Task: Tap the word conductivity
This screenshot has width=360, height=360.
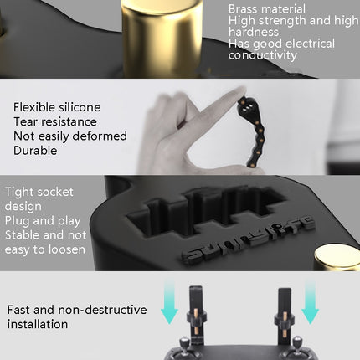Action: pos(262,56)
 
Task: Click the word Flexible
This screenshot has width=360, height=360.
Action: pos(36,106)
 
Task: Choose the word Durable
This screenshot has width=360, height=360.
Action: pos(36,151)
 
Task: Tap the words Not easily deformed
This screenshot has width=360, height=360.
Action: pos(70,136)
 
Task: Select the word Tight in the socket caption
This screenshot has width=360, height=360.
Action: pos(22,192)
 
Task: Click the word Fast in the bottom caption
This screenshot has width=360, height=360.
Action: pos(20,310)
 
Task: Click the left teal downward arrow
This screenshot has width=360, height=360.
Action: pos(170,304)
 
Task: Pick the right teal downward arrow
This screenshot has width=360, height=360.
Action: pos(311,303)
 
